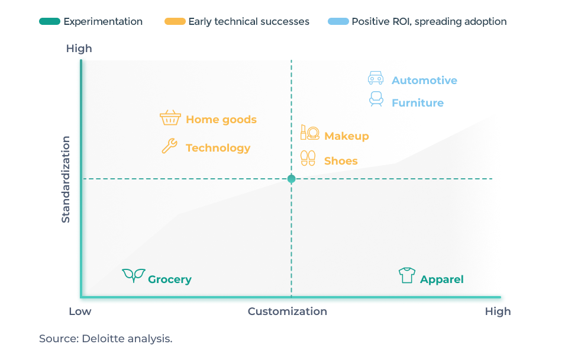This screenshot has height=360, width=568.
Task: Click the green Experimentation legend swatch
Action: click(50, 21)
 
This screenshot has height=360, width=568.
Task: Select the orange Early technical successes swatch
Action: click(175, 21)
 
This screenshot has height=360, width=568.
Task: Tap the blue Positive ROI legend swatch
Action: click(338, 21)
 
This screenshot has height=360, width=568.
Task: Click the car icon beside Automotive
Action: click(376, 78)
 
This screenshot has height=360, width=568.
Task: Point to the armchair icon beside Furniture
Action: click(376, 99)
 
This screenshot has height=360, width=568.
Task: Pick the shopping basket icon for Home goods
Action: click(170, 118)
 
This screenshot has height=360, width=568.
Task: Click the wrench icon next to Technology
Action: click(169, 146)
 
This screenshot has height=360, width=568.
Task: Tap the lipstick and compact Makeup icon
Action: click(309, 132)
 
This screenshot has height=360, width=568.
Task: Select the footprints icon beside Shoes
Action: click(308, 158)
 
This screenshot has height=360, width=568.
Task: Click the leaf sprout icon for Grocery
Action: click(134, 275)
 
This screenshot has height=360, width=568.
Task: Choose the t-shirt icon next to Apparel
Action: click(407, 275)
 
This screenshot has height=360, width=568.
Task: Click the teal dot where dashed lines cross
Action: click(291, 179)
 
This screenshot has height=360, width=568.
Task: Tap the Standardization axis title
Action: click(66, 179)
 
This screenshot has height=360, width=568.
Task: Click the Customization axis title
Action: click(288, 311)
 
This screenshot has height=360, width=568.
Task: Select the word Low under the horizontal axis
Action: click(80, 311)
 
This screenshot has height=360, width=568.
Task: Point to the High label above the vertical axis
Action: click(79, 49)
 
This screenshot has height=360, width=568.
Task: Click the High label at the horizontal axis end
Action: click(498, 311)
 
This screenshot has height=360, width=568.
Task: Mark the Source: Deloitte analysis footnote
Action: click(106, 339)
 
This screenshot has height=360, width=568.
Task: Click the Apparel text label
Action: click(441, 279)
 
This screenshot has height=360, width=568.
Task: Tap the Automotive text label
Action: click(424, 80)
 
